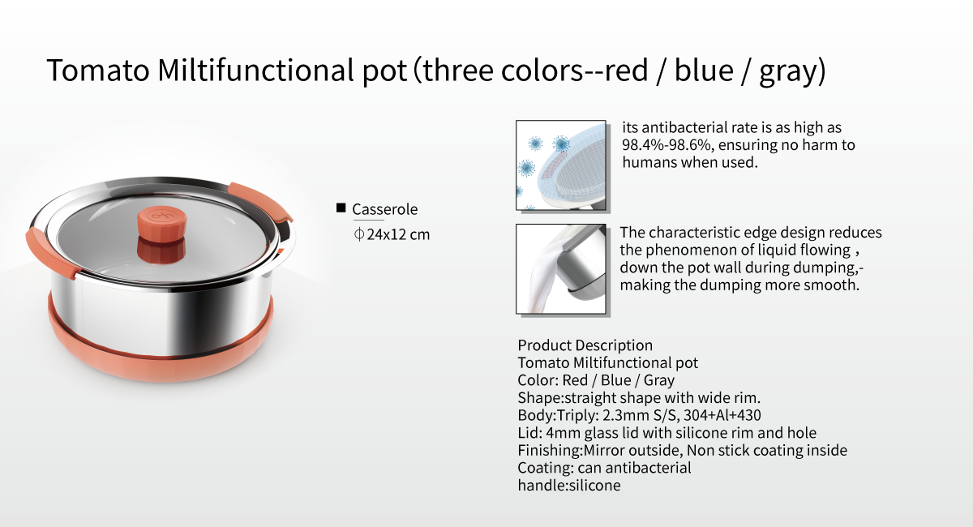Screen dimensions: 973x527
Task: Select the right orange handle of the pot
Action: [x=260, y=201]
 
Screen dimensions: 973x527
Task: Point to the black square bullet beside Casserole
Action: [x=341, y=208]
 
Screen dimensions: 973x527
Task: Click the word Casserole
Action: [x=385, y=209]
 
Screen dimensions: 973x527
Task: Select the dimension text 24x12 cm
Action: [x=398, y=234]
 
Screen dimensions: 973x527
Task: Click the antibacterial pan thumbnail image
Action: [x=561, y=165]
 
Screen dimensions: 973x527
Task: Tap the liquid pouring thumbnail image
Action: [x=561, y=269]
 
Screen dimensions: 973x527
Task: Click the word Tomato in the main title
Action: [x=98, y=70]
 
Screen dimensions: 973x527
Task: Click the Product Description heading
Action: [x=585, y=345]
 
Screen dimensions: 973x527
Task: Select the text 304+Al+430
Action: [x=722, y=415]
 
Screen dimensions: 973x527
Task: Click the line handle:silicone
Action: [x=569, y=486]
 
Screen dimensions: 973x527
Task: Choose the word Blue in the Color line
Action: [x=616, y=380]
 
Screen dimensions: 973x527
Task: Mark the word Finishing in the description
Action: [x=549, y=451]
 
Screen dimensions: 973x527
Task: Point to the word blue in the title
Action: [x=704, y=70]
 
